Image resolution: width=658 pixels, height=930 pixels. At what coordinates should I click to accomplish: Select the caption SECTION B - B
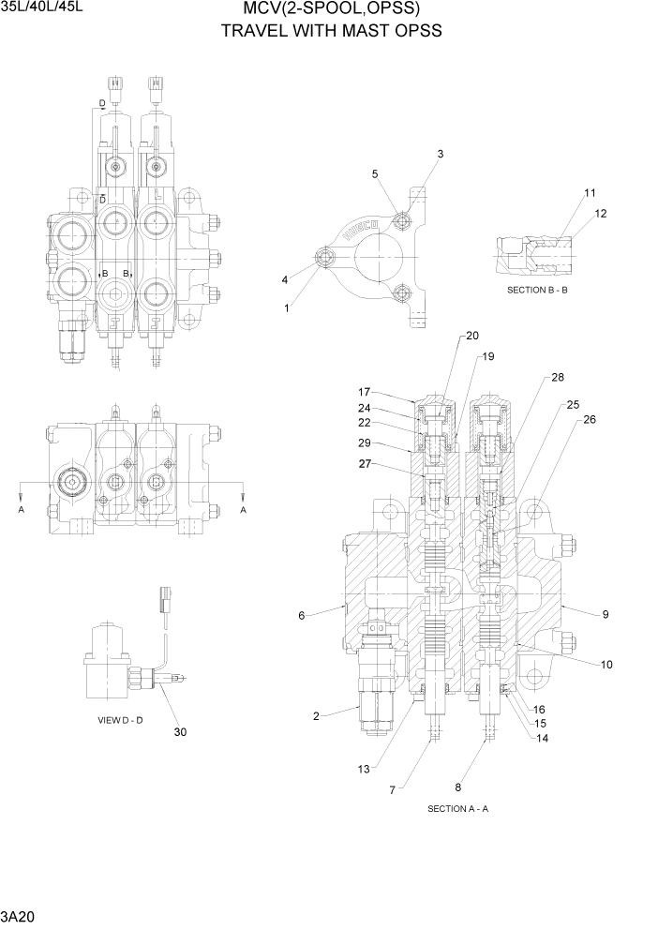tap(537, 290)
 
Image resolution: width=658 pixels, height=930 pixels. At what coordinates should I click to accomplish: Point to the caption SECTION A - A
tap(457, 808)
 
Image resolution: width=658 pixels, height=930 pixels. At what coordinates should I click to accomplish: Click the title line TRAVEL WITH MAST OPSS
tap(331, 31)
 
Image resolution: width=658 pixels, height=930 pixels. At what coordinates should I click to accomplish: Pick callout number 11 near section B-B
tap(590, 193)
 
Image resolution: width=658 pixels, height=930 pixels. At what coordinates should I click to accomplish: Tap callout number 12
tap(600, 214)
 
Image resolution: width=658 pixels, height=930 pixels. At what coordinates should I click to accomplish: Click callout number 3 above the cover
tap(441, 154)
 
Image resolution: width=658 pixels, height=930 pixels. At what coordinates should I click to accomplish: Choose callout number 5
tap(375, 173)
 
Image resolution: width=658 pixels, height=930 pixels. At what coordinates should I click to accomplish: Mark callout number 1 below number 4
tap(287, 307)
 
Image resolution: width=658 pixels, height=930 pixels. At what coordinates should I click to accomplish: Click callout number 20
tap(471, 336)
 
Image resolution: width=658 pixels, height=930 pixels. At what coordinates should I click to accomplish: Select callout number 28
tap(558, 377)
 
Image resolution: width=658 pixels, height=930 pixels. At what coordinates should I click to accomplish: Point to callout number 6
tap(302, 616)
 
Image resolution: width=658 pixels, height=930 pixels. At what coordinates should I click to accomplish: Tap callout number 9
tap(606, 615)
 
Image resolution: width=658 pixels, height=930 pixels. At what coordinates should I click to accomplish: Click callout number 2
tap(316, 716)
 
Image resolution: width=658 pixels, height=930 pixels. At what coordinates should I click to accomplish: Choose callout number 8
tap(457, 787)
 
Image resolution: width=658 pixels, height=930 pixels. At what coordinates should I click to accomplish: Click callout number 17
tap(365, 392)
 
